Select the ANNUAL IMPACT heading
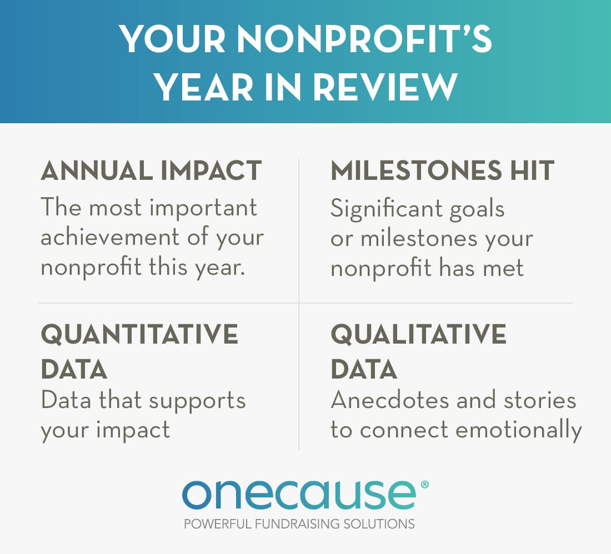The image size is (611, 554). [x=151, y=170]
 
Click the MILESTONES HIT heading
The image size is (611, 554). [x=442, y=170]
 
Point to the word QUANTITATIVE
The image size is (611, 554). [x=139, y=334]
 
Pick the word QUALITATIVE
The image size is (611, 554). [x=418, y=334]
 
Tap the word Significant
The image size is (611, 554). [x=387, y=209]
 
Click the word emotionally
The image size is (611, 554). [x=519, y=431]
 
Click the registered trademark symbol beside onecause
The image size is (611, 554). [x=425, y=484]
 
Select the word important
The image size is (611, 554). [x=203, y=208]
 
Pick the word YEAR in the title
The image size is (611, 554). [x=204, y=87]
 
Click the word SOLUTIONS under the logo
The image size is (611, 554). [x=379, y=524]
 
